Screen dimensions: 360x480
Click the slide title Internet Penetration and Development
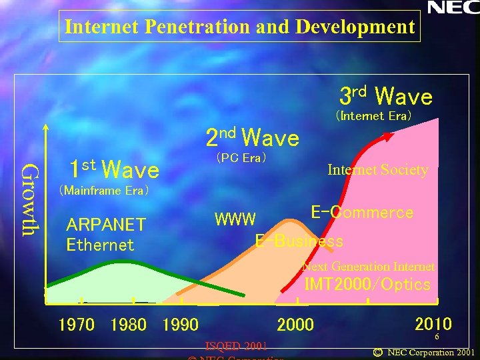(240, 27)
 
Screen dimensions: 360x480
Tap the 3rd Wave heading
(386, 96)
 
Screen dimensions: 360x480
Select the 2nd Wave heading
(252, 137)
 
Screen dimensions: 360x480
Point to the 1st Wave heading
(114, 169)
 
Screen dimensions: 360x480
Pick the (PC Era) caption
(241, 158)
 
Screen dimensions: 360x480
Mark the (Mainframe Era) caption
(104, 191)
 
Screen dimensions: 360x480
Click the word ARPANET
(106, 225)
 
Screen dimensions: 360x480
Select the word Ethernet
(100, 245)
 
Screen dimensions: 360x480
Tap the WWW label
(235, 219)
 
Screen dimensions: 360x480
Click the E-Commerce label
(362, 213)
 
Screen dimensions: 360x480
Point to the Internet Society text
(377, 170)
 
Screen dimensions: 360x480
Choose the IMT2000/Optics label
(367, 285)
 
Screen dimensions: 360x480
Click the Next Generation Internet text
(369, 267)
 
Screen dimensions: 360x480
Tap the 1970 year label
(77, 325)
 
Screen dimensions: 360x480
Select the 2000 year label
(295, 325)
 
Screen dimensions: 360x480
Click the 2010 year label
(433, 324)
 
